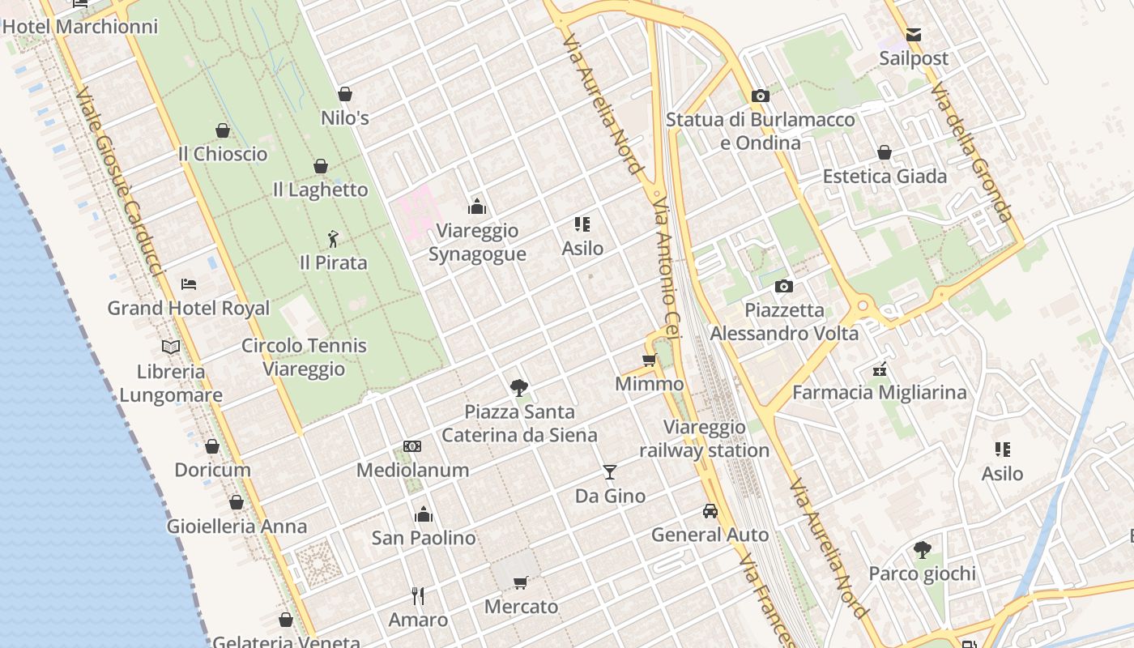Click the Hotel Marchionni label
79,27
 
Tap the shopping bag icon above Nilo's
345,94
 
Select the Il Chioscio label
223,154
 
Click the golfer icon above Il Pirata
333,238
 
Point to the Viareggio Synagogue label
477,242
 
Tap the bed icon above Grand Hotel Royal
189,284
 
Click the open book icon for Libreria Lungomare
171,347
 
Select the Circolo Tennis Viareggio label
304,357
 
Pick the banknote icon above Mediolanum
412,446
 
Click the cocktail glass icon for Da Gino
610,472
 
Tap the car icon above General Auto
710,511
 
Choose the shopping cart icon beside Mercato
521,582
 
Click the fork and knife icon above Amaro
418,596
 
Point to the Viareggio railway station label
705,439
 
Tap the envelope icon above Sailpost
914,35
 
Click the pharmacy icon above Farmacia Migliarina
880,370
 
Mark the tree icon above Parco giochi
922,551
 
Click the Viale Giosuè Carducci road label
119,183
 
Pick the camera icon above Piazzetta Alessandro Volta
784,286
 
